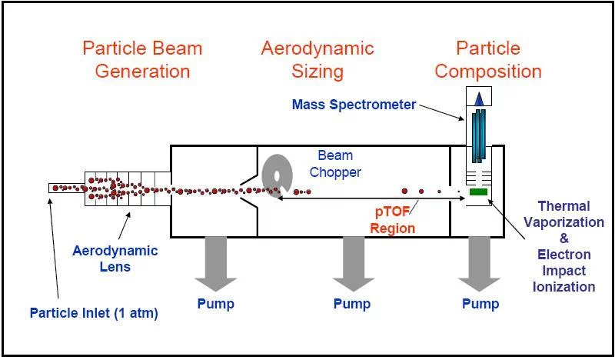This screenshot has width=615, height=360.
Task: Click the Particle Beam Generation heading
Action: coord(142,60)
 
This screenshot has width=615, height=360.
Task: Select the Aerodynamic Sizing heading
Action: coord(317,60)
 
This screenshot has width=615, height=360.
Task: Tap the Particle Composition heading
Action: coord(488,60)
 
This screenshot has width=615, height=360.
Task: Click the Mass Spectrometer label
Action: coord(354,105)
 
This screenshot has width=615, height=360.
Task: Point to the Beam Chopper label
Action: coord(335,164)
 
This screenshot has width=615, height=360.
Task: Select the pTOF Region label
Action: coord(393,220)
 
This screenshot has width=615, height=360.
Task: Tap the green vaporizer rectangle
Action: coord(478,192)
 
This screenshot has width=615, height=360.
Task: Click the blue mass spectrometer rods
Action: coord(478,135)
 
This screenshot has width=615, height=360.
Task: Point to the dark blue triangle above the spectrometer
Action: coord(479,100)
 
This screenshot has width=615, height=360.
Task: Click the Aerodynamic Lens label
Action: coord(115,258)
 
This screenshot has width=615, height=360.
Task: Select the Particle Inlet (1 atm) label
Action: coord(94,313)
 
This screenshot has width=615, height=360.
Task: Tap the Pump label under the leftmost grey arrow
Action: coord(215,304)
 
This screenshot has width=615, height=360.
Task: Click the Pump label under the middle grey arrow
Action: coord(352,304)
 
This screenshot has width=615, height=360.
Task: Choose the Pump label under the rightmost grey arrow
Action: coord(480,304)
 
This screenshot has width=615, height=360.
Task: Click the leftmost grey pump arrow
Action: coord(216,263)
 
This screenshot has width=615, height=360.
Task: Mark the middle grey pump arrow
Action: coord(354,263)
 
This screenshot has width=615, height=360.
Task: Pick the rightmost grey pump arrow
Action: coord(479,263)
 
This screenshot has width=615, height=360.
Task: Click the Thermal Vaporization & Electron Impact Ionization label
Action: coord(563,246)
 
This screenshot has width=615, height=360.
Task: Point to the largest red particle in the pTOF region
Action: coord(404,192)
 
